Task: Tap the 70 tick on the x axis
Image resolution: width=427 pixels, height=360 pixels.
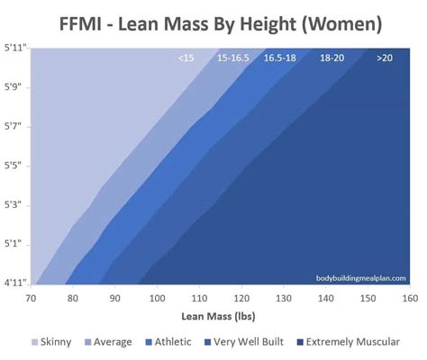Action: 32,298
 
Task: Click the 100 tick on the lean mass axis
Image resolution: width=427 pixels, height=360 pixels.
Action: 157,298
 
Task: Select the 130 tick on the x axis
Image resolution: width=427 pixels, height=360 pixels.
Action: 282,298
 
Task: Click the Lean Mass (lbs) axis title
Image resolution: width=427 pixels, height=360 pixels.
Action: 220,317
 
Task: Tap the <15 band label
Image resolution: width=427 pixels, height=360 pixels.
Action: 186,58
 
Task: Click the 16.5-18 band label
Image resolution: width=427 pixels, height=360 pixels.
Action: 280,58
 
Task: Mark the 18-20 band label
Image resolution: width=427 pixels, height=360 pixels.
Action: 332,58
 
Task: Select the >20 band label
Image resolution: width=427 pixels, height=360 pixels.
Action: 385,58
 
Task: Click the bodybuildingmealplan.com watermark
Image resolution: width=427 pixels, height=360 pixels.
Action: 360,278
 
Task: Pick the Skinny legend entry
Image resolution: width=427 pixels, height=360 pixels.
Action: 55,342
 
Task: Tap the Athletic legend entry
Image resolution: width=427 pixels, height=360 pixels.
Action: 171,342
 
